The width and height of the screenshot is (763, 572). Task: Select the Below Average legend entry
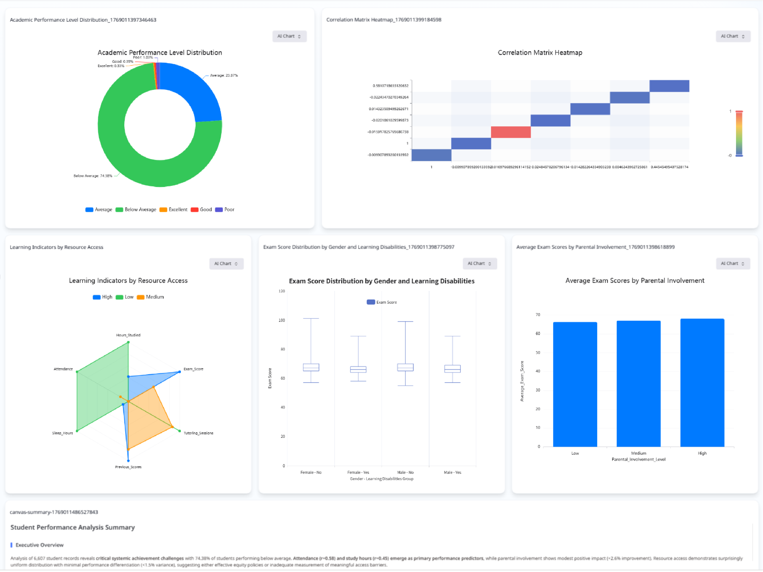click(x=136, y=210)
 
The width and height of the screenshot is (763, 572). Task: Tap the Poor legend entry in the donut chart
click(x=225, y=210)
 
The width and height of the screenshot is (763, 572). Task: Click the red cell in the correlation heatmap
click(x=510, y=132)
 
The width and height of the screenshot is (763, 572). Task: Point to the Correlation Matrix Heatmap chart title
click(x=540, y=53)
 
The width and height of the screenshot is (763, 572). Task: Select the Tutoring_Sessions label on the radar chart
click(x=198, y=433)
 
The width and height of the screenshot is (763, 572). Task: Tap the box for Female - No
click(x=311, y=368)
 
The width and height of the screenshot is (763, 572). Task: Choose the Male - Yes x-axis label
click(x=452, y=473)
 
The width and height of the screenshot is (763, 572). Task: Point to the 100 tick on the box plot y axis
click(x=282, y=320)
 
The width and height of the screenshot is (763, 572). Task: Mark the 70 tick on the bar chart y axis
click(x=538, y=315)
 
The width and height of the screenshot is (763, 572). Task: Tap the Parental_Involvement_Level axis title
click(x=638, y=459)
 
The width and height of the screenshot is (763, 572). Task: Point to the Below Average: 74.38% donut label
click(x=93, y=176)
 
